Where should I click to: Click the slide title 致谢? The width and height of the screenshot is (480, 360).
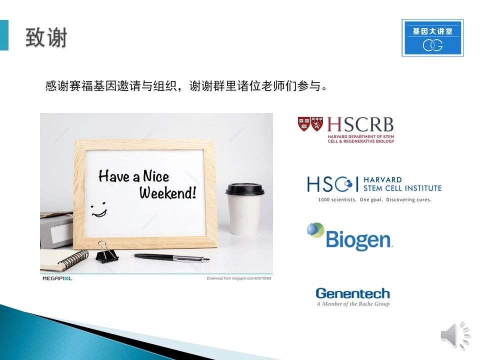click(x=46, y=37)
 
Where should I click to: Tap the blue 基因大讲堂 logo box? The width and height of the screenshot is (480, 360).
click(x=432, y=37)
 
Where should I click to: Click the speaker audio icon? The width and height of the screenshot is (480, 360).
click(x=455, y=335)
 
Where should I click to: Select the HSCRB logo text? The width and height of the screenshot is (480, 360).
click(x=360, y=124)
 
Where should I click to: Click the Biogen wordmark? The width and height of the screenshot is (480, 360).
click(x=358, y=239)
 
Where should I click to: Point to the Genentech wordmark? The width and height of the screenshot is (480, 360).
click(x=352, y=293)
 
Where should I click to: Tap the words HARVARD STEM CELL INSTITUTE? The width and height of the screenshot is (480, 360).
click(x=402, y=184)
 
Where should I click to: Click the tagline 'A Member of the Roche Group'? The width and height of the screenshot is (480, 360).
click(x=353, y=303)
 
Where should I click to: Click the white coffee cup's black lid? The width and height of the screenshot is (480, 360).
click(x=244, y=188)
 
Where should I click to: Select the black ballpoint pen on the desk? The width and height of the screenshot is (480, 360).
click(x=171, y=257)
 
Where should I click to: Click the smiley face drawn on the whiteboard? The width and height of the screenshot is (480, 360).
click(x=99, y=209)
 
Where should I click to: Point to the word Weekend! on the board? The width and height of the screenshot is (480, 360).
click(x=167, y=192)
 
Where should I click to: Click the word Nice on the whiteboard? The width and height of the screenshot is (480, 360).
click(x=156, y=176)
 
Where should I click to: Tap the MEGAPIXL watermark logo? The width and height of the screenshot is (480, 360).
click(x=57, y=278)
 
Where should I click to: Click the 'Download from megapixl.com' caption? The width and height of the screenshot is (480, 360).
click(x=239, y=278)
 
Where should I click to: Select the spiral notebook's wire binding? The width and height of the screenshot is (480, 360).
click(x=73, y=259)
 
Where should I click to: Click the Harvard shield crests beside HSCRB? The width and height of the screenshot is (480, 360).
click(x=310, y=124)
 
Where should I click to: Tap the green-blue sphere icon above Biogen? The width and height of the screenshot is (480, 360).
click(x=315, y=230)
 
